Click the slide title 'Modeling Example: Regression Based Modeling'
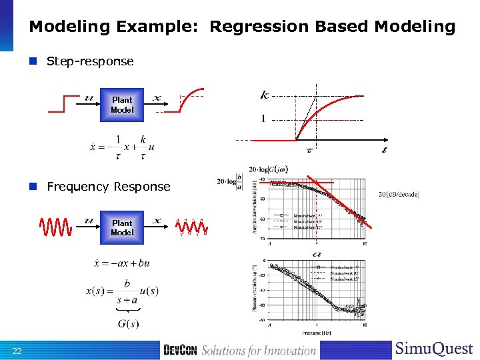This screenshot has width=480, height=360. point(242,27)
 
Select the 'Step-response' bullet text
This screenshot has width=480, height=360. point(90,61)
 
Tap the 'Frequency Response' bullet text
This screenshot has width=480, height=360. point(108,187)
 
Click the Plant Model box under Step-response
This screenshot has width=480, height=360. point(122,105)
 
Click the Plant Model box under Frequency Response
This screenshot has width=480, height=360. point(122,228)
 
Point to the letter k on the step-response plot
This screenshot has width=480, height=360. point(265,95)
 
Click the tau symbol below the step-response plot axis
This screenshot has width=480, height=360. point(310,150)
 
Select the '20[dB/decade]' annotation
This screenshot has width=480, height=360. point(399,194)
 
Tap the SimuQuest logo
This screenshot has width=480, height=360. point(434,349)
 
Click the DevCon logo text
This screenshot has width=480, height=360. point(180,350)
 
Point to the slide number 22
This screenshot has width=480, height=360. point(17,351)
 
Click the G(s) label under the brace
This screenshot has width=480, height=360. point(127,324)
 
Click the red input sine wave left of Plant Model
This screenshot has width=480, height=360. point(56,227)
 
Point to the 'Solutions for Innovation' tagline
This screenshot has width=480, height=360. point(259,350)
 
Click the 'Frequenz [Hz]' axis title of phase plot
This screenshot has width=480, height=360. point(317,331)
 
